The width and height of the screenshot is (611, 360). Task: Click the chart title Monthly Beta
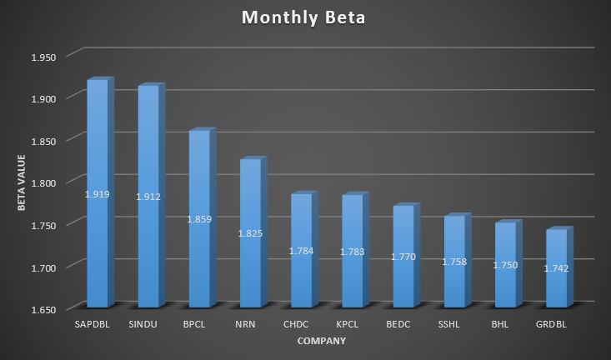(305, 17)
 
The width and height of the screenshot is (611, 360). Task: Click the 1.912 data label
(148, 197)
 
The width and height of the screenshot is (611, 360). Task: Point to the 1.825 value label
(250, 233)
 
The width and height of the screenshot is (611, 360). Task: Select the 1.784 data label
(301, 251)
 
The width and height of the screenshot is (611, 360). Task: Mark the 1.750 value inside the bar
(505, 265)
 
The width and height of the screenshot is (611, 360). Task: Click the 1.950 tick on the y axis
(43, 57)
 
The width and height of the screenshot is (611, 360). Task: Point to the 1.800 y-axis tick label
(43, 182)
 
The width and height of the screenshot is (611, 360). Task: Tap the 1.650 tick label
(43, 309)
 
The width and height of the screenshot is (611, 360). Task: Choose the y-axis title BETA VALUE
(23, 182)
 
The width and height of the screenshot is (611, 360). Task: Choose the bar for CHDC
(301, 217)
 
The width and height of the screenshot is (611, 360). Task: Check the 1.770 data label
(403, 257)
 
